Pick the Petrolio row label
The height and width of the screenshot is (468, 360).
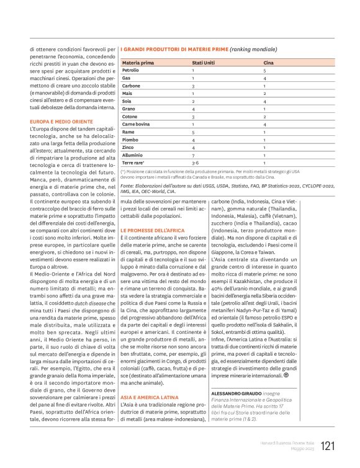tap(131, 71)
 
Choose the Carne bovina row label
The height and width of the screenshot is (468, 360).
tap(137, 124)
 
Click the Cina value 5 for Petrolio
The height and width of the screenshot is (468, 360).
tap(264, 71)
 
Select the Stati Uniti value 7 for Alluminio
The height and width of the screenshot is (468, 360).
tap(193, 152)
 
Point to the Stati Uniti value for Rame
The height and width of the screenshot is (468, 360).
tap(193, 132)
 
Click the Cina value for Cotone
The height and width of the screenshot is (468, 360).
tap(264, 116)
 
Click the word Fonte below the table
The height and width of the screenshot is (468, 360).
tap(127, 185)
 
